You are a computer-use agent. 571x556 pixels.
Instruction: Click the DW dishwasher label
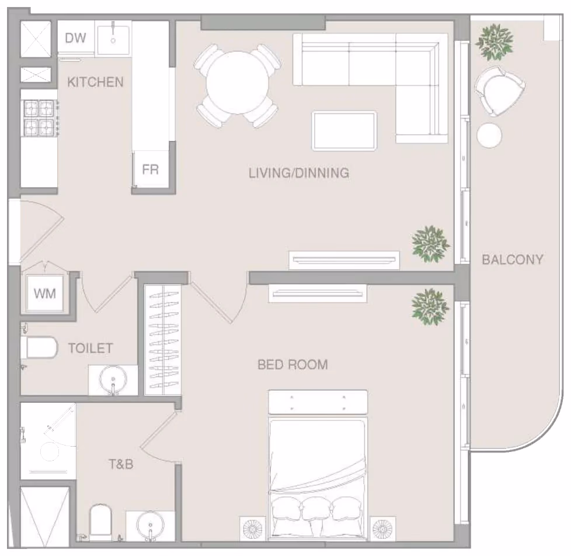pos(75,37)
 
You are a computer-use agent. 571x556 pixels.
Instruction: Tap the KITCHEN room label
pos(95,82)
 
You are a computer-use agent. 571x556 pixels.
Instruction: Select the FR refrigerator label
pos(151,170)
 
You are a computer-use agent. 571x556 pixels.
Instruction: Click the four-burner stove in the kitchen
pos(39,118)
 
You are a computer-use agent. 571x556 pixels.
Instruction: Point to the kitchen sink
pos(113,38)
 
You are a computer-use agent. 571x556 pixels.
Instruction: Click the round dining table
pos(238,83)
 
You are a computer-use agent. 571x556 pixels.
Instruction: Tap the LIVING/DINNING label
pos(299,173)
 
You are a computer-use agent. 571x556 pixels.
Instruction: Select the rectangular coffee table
pos(344,131)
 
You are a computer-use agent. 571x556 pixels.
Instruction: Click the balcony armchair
pos(499,91)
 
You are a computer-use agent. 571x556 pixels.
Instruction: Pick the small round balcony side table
pos(489,135)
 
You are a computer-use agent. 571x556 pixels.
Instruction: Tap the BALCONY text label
pos(513,260)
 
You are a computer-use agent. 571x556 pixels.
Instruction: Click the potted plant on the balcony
pos(494,42)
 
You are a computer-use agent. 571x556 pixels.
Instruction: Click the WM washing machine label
pos(45,293)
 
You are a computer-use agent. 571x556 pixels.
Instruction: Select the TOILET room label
pos(90,348)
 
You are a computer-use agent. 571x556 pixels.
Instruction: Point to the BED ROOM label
pos(293,365)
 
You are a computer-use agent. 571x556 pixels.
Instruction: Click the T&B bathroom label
pos(121,464)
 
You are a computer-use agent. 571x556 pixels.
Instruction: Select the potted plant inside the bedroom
pos(430,307)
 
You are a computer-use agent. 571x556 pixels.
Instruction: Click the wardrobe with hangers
pos(163,340)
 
